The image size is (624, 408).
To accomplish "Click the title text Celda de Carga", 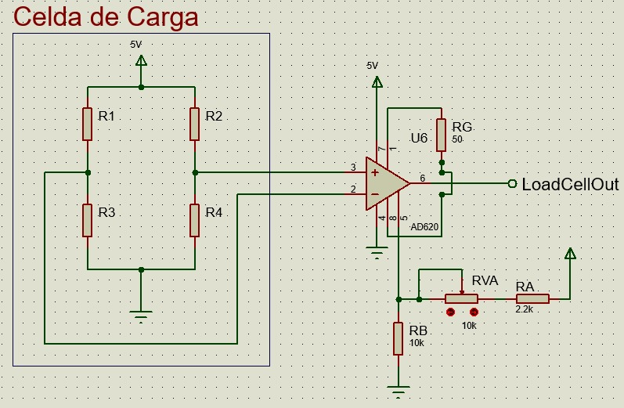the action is point(106,16).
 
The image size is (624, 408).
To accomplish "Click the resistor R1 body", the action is point(87,124).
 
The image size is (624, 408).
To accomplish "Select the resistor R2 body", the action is point(195,124).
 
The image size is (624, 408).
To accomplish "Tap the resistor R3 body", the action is point(87,221).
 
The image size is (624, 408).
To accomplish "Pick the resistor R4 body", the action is point(195,221).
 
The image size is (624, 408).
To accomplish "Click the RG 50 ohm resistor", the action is point(441,135).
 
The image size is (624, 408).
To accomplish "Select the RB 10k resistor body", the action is point(398,338).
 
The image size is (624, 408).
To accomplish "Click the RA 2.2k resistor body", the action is point(532,298).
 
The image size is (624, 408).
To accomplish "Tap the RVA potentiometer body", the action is point(461,298).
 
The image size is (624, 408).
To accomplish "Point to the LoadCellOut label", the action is point(570,185).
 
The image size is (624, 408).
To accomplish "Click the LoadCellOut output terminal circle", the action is point(513,183).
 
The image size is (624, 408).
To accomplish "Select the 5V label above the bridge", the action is point(136,45).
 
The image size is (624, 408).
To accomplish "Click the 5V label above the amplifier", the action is point(373,66).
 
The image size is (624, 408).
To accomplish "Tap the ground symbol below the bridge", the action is point(141,316).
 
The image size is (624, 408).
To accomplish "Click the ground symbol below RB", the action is point(398,392).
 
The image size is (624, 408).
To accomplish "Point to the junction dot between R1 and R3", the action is point(88,173).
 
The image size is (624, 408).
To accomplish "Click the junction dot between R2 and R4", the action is point(195,173).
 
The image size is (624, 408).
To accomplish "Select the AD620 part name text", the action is point(424,227).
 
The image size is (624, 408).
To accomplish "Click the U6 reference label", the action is point(419,138).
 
